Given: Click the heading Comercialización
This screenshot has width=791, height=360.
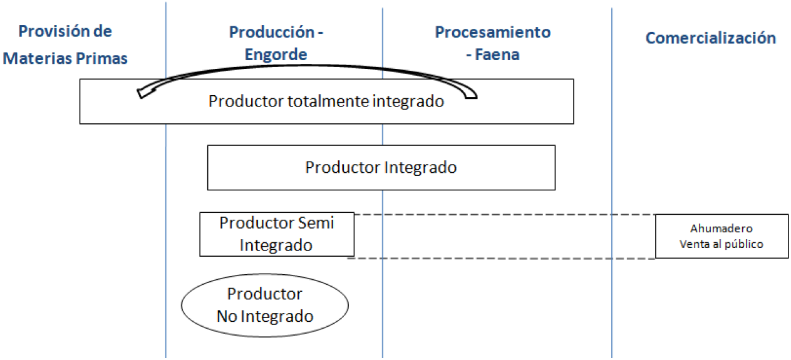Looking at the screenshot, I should coord(710,38).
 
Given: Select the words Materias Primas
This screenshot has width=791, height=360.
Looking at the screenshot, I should coord(65,58).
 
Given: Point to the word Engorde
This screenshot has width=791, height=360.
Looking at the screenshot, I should coord(276,54).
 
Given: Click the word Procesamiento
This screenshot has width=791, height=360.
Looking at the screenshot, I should coord(492,32).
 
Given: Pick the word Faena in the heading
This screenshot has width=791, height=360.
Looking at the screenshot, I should coord(498,54).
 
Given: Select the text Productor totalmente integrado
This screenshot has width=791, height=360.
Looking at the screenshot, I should coord(326,101).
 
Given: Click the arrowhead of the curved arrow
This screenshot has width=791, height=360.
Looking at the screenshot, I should coord(143,93).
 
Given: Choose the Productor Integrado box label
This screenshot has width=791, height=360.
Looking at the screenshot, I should coord(381,168).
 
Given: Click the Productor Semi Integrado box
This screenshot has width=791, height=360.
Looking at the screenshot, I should coord(276,234).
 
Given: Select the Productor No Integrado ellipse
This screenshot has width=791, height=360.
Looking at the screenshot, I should coord(264,305).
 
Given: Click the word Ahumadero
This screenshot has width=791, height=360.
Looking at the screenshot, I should coord(721,229).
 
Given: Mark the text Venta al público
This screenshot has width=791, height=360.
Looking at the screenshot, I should coord(721,244).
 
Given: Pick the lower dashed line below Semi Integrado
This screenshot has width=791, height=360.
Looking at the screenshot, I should coord(501,259).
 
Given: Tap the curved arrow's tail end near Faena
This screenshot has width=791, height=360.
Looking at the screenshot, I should coord(471,96).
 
